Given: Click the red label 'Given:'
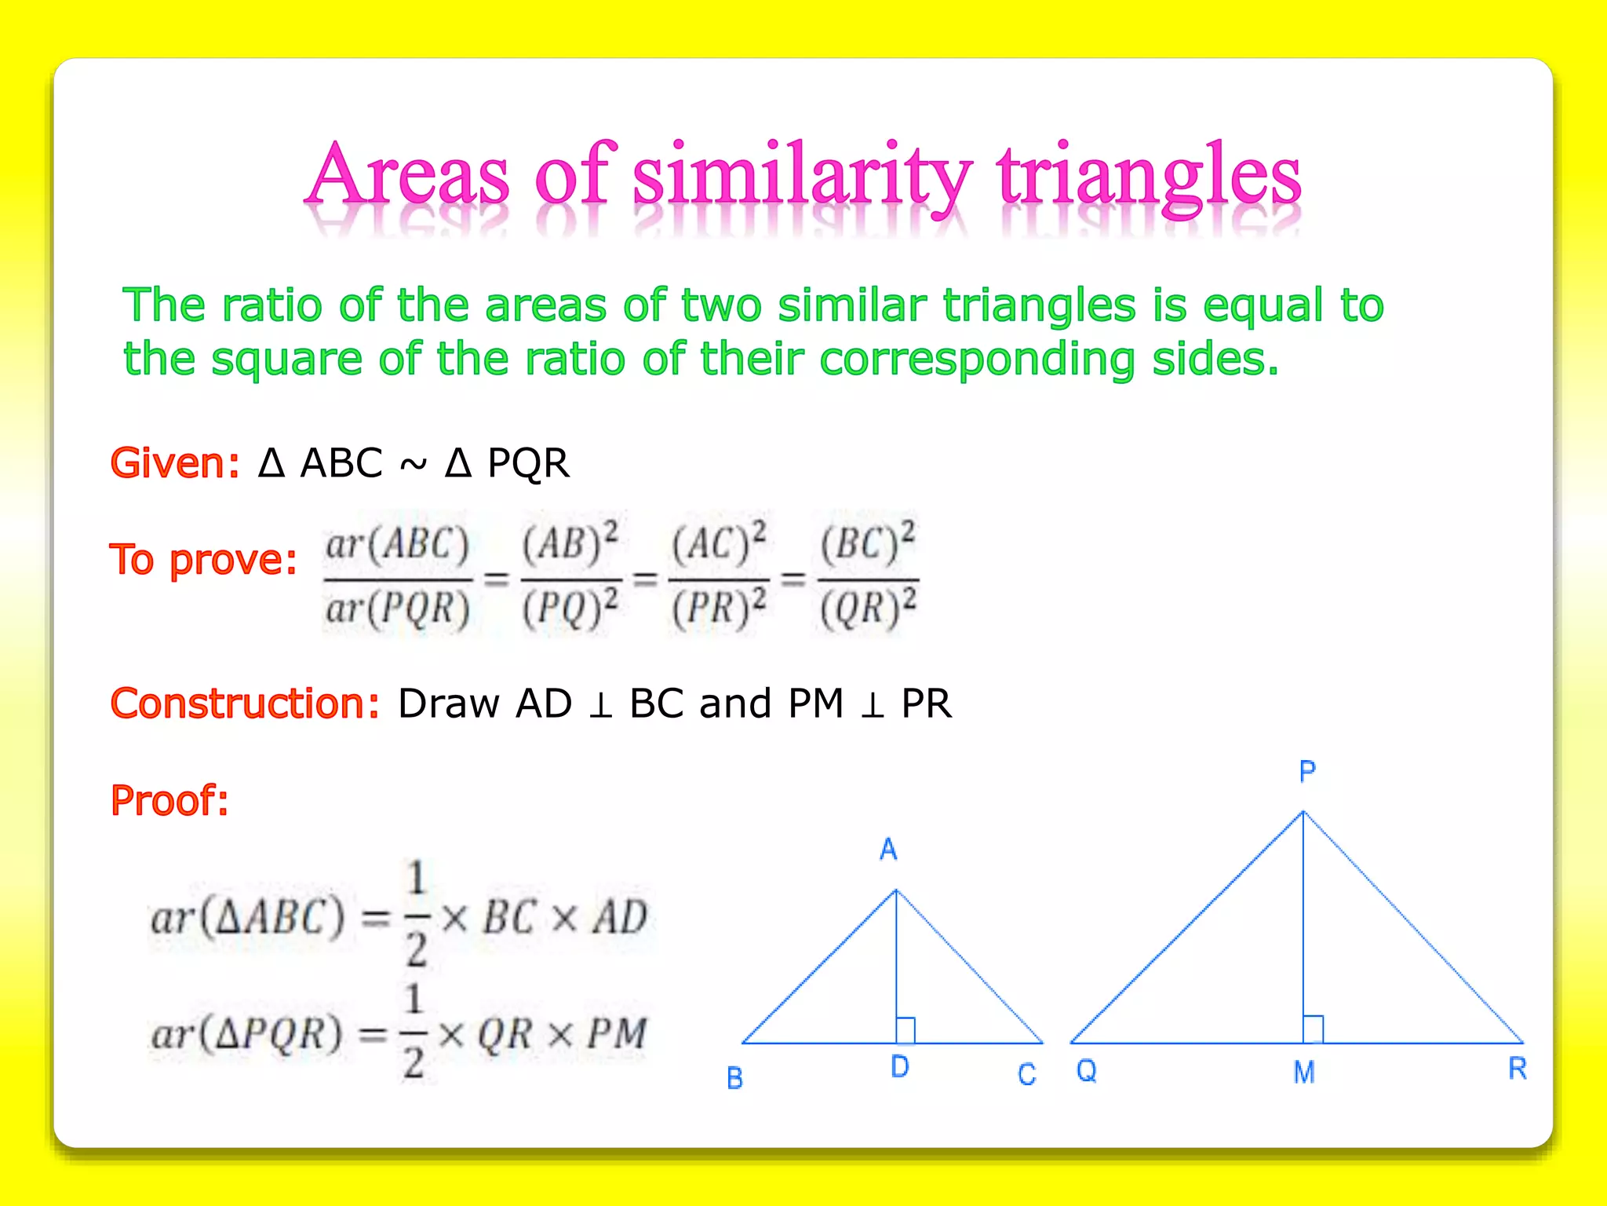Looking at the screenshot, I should [x=174, y=463].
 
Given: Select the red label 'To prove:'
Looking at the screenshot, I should [x=203, y=560].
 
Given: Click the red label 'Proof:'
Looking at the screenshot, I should [x=169, y=801].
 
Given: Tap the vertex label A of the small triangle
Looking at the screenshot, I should [x=888, y=850].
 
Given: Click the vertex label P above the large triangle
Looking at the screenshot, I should [x=1307, y=772].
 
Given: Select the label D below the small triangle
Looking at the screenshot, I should [x=900, y=1067].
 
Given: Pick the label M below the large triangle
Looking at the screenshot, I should [x=1304, y=1072].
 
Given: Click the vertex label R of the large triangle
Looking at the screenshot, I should [x=1518, y=1069].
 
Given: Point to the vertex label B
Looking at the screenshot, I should [x=734, y=1078].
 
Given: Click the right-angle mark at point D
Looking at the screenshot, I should [x=906, y=1030].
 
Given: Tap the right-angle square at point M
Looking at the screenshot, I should [x=1314, y=1029].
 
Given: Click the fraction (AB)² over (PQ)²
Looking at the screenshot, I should [x=570, y=577].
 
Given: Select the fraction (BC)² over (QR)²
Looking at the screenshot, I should [x=868, y=577].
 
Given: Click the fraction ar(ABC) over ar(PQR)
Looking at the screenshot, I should [x=398, y=577].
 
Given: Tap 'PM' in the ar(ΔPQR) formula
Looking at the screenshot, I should [x=618, y=1034].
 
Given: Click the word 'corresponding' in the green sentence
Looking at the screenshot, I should [x=976, y=359].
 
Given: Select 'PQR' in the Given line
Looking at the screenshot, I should [x=527, y=463].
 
